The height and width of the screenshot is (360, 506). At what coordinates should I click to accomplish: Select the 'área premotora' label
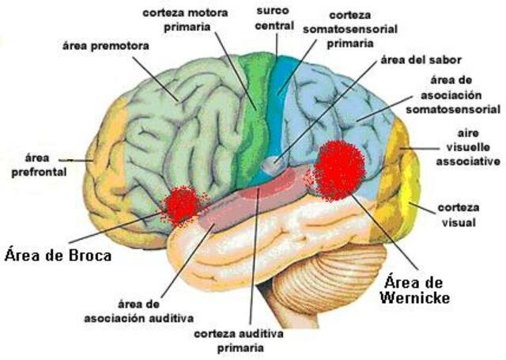click(104, 47)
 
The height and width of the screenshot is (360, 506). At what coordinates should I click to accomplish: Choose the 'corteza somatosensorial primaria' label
click(349, 28)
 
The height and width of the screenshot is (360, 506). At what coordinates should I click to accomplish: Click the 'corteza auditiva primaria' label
click(248, 340)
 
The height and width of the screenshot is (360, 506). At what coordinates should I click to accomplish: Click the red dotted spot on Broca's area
click(181, 204)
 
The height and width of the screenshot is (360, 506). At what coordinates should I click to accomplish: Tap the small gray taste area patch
click(273, 167)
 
